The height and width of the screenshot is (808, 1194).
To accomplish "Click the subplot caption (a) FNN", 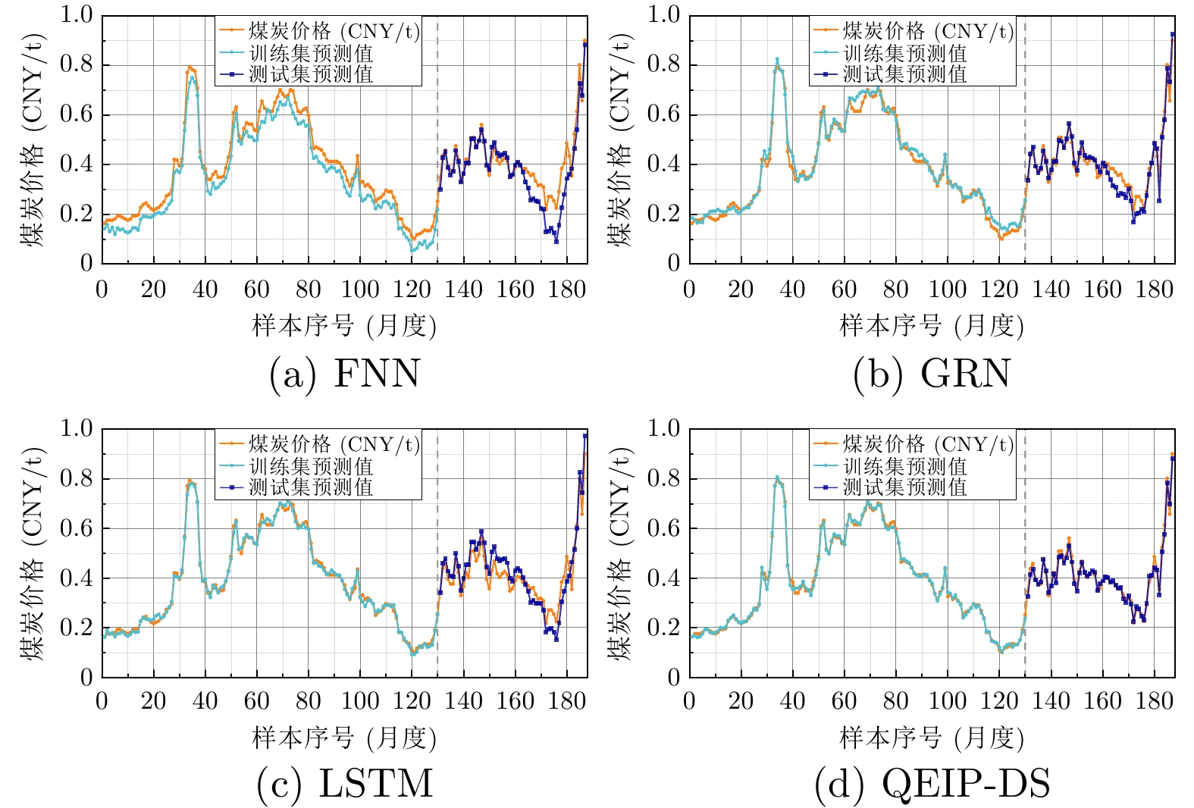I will (x=344, y=374).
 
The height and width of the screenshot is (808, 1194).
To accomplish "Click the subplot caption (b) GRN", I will (x=932, y=374).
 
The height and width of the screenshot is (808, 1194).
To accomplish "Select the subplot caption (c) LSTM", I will (x=344, y=784).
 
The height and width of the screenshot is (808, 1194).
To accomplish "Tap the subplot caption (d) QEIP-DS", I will (x=932, y=784).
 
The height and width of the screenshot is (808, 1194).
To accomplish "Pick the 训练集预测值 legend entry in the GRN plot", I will (x=905, y=53).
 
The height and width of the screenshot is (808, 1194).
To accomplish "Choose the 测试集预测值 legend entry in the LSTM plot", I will (x=311, y=487).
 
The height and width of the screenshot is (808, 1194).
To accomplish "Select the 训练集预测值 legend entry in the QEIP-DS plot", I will (x=905, y=466).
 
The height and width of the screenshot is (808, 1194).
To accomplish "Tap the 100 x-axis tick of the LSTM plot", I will (x=360, y=700).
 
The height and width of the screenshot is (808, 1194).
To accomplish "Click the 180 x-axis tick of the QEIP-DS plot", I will (x=1154, y=700).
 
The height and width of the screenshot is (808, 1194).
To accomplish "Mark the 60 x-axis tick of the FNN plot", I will (x=256, y=289).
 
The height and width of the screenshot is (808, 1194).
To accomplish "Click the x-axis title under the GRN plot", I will (x=932, y=326).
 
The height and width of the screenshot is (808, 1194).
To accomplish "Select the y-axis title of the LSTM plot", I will (x=34, y=553).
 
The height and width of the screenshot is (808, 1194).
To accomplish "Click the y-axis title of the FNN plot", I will (x=34, y=140).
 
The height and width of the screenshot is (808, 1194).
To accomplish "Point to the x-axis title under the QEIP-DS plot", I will (x=932, y=738).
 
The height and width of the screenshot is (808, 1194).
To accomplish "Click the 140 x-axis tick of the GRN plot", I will (x=1051, y=289).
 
